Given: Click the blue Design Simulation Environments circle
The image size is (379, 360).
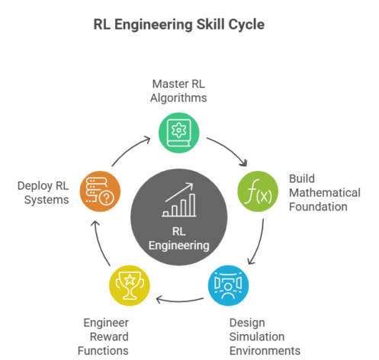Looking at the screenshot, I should pyautogui.click(x=228, y=284).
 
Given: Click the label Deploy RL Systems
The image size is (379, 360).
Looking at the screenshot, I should pyautogui.click(x=43, y=191).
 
